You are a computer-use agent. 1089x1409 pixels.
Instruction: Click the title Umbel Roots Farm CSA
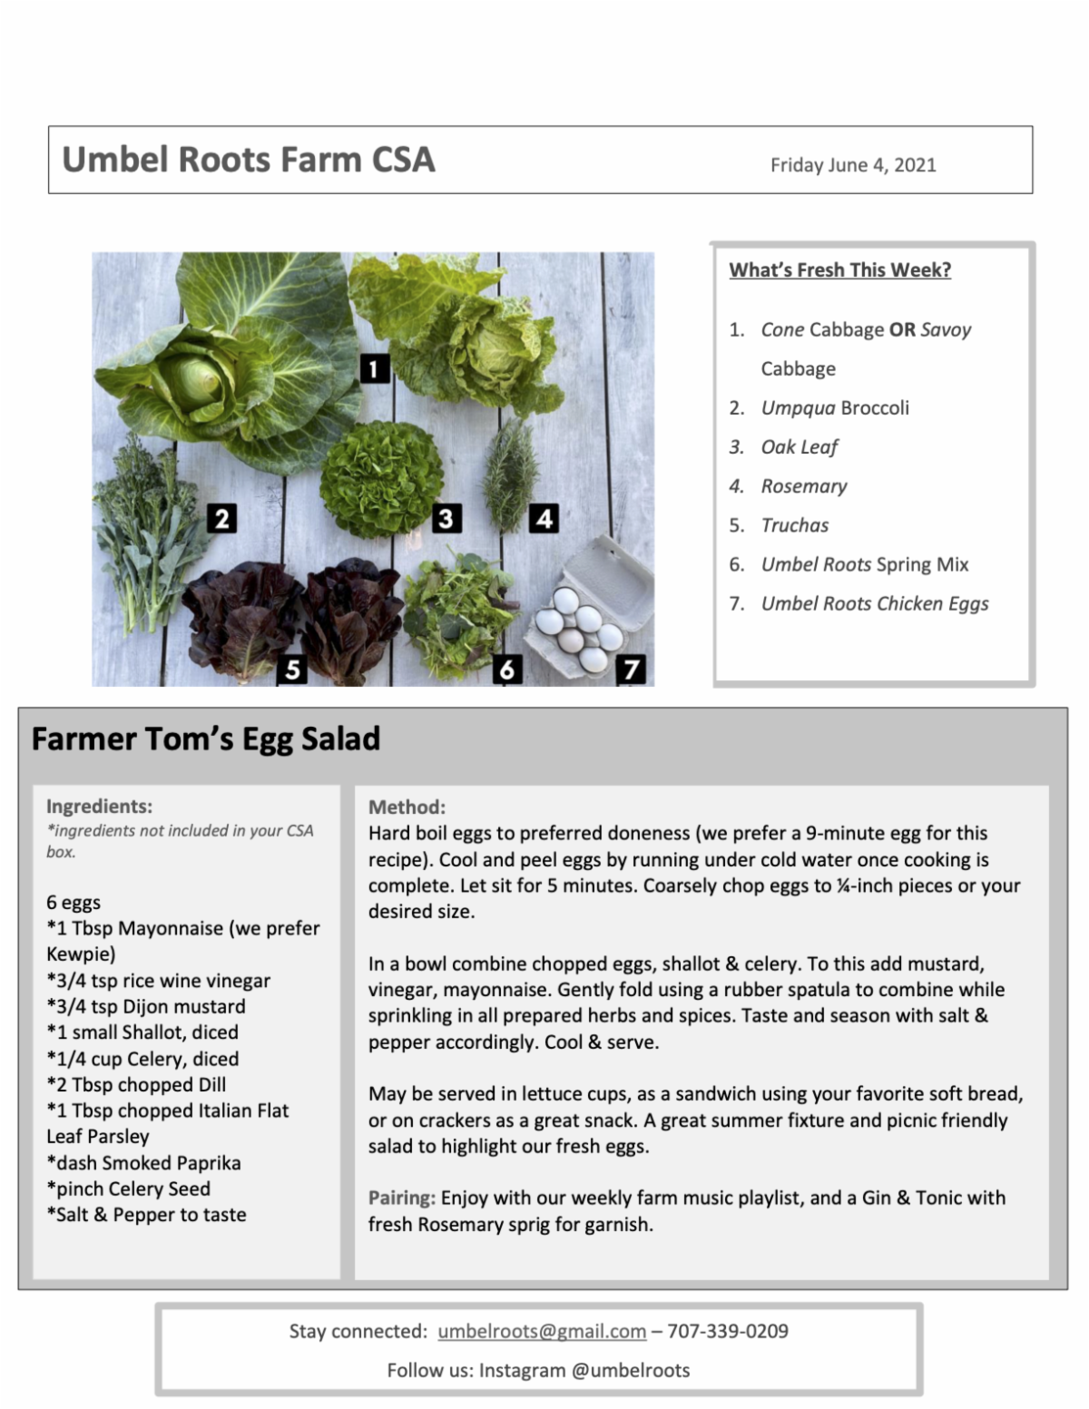[x=248, y=160]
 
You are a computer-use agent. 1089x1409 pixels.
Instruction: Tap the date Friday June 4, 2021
[x=852, y=165]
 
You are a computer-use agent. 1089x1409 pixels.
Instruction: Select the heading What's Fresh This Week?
[x=839, y=270]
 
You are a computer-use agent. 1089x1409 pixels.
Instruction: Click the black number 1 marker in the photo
[x=374, y=368]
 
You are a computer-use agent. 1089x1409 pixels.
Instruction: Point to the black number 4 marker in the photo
[x=544, y=518]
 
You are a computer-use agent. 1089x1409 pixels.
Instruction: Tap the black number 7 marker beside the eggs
[x=631, y=670]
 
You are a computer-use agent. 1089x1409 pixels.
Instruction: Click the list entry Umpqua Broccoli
[x=834, y=408]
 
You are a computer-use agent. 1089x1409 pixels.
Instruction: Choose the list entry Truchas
[x=794, y=525]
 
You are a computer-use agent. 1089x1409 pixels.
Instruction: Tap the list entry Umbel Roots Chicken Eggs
[x=874, y=604]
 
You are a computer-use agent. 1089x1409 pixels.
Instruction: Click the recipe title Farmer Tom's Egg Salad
[x=206, y=739]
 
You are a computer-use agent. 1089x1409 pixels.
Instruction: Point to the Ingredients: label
[x=99, y=807]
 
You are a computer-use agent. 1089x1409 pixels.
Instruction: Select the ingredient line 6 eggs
[x=74, y=903]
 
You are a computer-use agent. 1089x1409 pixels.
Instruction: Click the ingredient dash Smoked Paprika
[x=143, y=1163]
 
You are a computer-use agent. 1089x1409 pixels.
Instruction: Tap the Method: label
[x=407, y=807]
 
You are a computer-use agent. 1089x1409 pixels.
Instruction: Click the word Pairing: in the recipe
[x=402, y=1199]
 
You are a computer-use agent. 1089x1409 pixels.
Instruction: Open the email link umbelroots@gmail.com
[x=542, y=1332]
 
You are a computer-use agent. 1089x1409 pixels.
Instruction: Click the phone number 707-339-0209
[x=728, y=1332]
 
